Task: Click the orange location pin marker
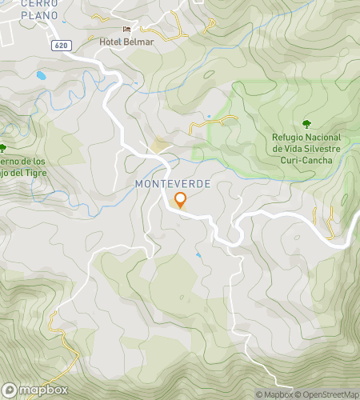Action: tap(180, 200)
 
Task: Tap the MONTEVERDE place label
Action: tap(173, 183)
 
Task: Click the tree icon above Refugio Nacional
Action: tap(306, 123)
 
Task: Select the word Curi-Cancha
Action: tap(306, 159)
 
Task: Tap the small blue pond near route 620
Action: tap(40, 76)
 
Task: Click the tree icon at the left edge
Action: tap(2, 147)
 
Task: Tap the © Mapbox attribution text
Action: tap(274, 394)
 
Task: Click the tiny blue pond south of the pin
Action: tap(198, 255)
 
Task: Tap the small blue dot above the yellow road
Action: tap(209, 117)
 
